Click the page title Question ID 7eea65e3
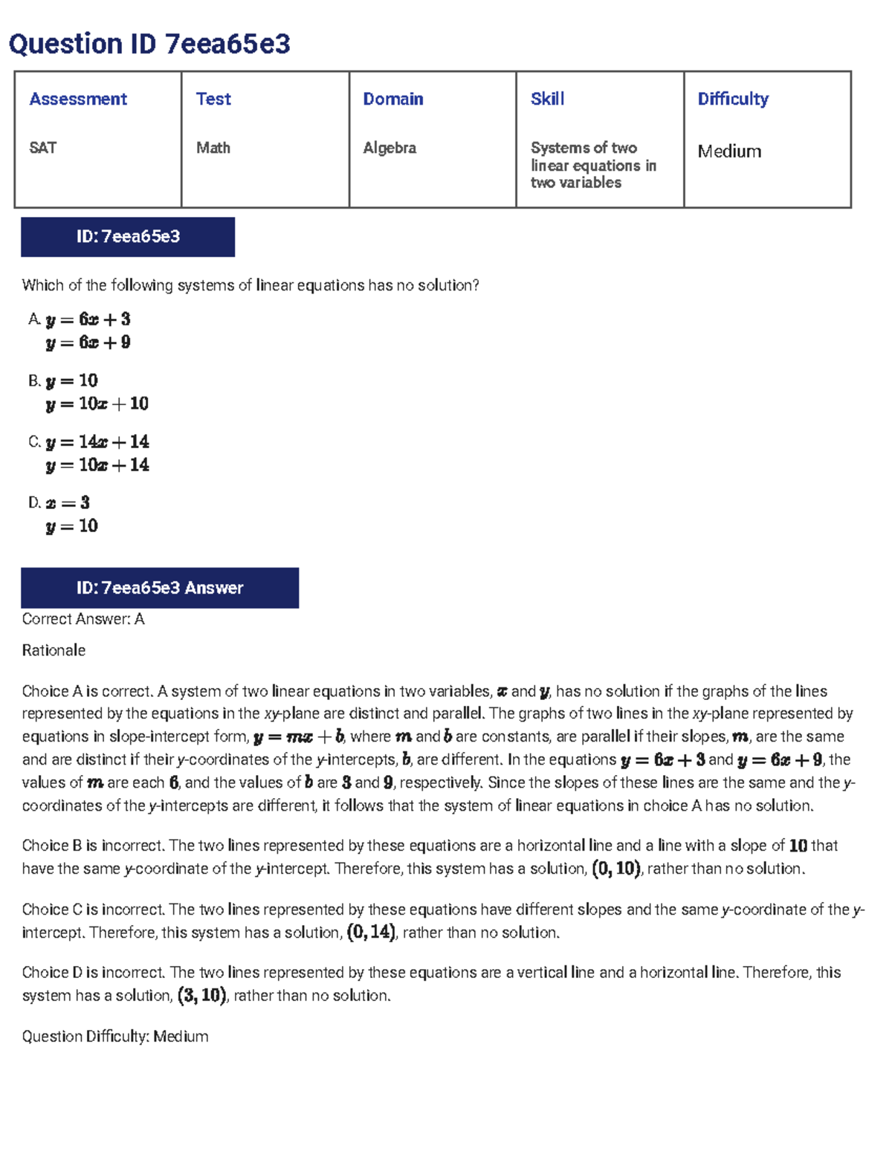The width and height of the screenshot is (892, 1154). tap(149, 45)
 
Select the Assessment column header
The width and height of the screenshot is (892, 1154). tap(78, 99)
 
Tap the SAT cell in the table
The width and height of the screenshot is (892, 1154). tap(43, 148)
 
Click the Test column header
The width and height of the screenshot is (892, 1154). tap(213, 99)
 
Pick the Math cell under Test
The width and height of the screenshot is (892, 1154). tap(213, 148)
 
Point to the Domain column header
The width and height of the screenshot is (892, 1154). tap(393, 99)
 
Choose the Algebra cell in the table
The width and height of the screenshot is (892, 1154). tap(390, 148)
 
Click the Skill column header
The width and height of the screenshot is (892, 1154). tap(548, 99)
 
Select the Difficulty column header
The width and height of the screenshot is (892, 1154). tap(733, 99)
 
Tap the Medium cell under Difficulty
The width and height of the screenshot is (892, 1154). tap(729, 152)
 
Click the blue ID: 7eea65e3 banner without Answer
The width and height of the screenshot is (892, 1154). tap(128, 237)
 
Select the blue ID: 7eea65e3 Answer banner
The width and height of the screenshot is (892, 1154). tap(160, 588)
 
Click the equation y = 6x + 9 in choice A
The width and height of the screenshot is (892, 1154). tap(88, 343)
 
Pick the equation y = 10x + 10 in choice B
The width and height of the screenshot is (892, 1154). tap(97, 404)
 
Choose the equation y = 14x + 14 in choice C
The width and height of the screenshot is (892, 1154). tap(97, 442)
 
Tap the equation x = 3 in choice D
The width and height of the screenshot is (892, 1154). tap(68, 503)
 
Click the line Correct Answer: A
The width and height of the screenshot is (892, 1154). tap(83, 619)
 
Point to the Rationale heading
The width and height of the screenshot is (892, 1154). tap(54, 650)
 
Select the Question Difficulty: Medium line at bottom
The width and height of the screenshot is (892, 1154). tap(115, 1036)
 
